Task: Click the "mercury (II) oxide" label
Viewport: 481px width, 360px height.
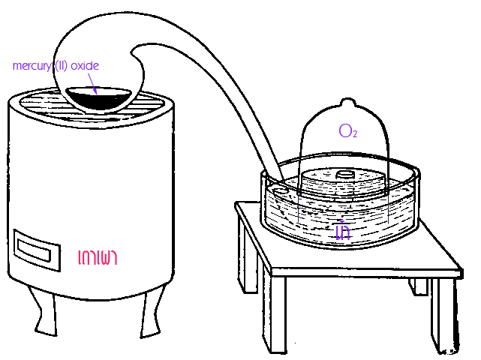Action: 56,66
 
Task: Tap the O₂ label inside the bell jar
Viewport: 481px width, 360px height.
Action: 347,132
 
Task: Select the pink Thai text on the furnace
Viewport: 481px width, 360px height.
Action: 98,258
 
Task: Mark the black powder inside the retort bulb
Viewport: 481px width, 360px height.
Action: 98,98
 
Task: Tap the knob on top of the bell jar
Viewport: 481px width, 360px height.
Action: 344,103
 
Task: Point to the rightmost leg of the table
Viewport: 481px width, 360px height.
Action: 449,315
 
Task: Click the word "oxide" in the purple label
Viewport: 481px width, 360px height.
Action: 84,66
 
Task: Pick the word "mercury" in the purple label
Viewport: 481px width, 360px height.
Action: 31,66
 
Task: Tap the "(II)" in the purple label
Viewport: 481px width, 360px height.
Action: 61,66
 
